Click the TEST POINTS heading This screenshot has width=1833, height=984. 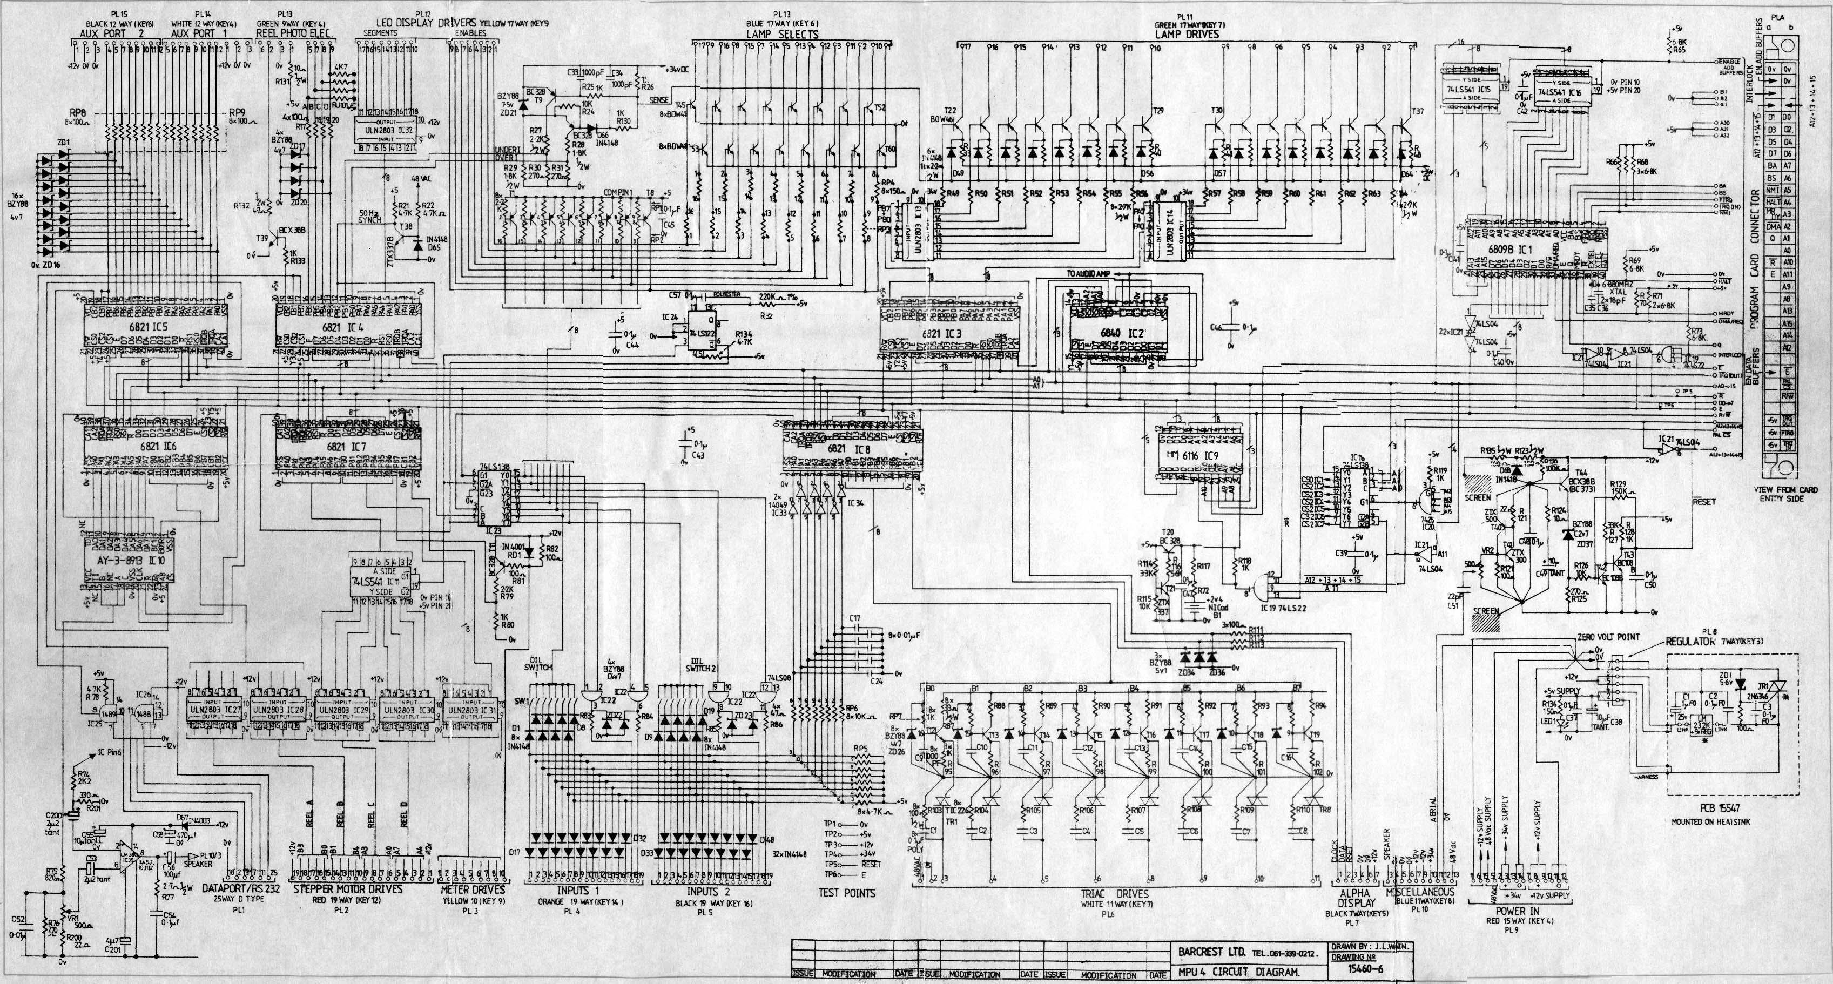pyautogui.click(x=847, y=893)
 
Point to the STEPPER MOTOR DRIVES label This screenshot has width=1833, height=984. pyautogui.click(x=348, y=889)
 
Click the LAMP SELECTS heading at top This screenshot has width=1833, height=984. pyautogui.click(x=782, y=34)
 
